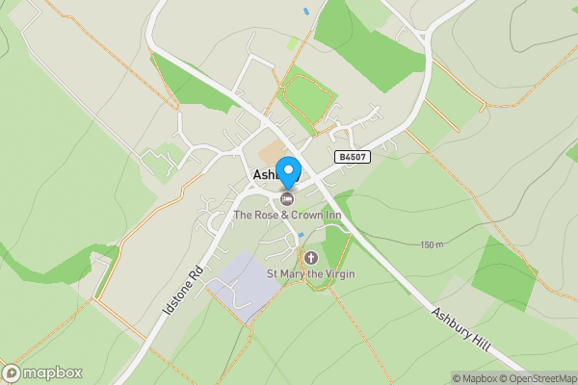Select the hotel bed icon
287,199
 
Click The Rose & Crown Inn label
287,215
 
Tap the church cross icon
310,257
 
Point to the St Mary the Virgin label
312,273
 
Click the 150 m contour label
433,244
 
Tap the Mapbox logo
42,372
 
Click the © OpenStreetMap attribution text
539,378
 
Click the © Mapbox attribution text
475,378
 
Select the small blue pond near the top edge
306,12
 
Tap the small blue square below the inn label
301,234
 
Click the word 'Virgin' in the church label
338,273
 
